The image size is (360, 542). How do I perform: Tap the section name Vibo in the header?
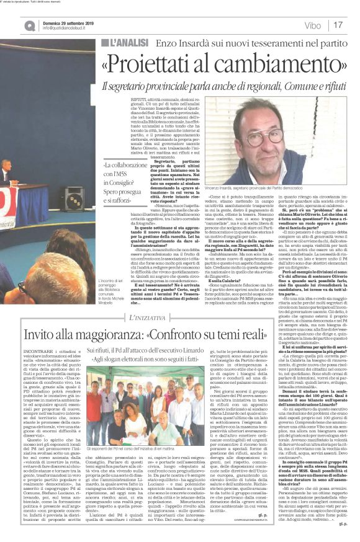click(313, 25)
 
